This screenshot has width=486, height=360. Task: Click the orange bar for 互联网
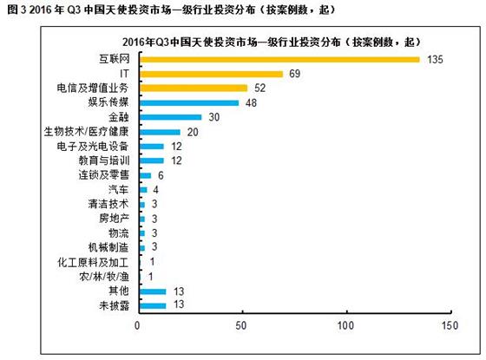tap(279, 60)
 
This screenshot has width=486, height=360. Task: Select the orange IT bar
tap(212, 74)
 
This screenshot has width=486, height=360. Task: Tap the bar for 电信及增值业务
tap(194, 88)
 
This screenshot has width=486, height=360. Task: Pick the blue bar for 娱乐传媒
tap(189, 103)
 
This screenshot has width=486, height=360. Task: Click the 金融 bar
tap(171, 117)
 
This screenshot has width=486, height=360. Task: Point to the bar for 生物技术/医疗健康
tap(160, 132)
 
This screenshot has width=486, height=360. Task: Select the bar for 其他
tap(153, 291)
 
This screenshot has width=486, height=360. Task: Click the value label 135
tap(435, 60)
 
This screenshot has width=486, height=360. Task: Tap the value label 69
tap(294, 74)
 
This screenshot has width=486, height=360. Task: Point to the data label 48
tap(251, 103)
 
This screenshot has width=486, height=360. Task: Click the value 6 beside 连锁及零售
tap(161, 175)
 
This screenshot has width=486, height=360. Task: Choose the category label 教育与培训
tap(104, 160)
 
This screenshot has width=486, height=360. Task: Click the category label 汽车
tap(118, 189)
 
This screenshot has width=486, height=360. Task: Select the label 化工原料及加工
tap(93, 262)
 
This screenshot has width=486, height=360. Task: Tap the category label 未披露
tap(114, 305)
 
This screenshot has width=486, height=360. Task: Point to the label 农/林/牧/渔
tap(104, 277)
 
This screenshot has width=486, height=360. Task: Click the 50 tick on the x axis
tap(241, 325)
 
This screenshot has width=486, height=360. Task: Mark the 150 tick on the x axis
tap(450, 325)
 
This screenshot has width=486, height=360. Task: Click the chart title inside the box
tap(272, 42)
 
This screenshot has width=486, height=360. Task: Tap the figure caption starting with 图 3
tap(171, 10)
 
